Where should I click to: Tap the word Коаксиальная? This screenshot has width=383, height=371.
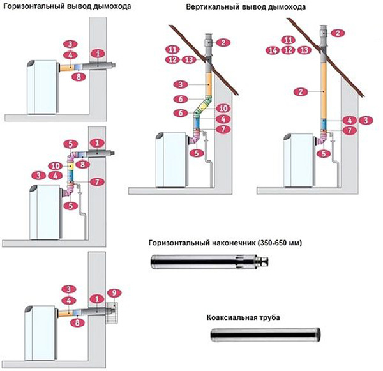[x=232, y=317]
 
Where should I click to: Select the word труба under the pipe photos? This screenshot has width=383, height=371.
[x=269, y=317]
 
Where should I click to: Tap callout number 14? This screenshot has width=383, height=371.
[x=273, y=50]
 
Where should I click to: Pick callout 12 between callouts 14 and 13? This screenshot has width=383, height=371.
[x=289, y=50]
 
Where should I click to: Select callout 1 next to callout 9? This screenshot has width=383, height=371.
[x=98, y=298]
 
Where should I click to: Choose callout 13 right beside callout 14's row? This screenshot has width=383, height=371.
[x=304, y=50]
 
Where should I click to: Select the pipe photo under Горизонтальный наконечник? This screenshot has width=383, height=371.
[x=209, y=261]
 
